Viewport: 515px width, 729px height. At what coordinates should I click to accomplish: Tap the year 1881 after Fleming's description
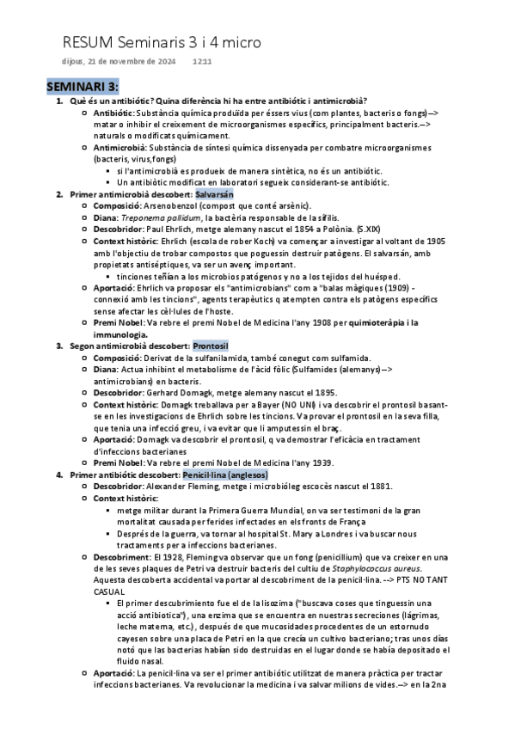coord(380,486)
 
